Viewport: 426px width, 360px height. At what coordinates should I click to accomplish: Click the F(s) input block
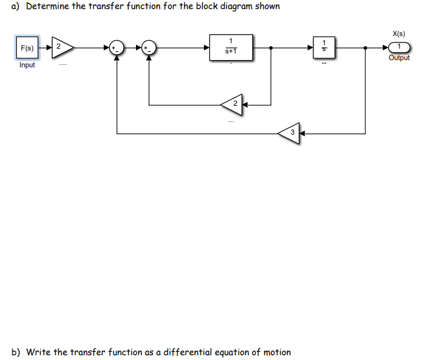click(26, 47)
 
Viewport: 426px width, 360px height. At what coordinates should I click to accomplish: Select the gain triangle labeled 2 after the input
click(61, 47)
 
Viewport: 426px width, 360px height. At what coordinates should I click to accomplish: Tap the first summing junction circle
click(116, 47)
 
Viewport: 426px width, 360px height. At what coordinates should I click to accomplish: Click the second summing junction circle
click(149, 47)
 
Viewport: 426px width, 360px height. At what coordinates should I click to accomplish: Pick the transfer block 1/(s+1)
click(230, 47)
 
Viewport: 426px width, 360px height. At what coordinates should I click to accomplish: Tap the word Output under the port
click(399, 58)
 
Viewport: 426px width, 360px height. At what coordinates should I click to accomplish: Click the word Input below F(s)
click(27, 65)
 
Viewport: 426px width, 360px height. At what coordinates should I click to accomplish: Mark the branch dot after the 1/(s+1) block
click(273, 47)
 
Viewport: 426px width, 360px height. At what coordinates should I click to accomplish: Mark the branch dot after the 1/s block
click(366, 47)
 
